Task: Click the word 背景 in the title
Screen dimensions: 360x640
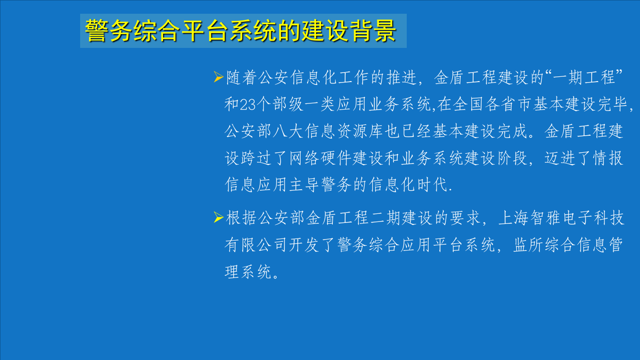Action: tap(373, 31)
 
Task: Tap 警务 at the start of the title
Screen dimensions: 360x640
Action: tap(109, 31)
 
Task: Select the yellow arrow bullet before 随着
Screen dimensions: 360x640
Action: tap(218, 76)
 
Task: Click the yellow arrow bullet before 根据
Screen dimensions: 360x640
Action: tap(218, 218)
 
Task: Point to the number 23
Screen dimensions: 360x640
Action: tap(247, 105)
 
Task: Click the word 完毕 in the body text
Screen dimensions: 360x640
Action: tap(614, 104)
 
